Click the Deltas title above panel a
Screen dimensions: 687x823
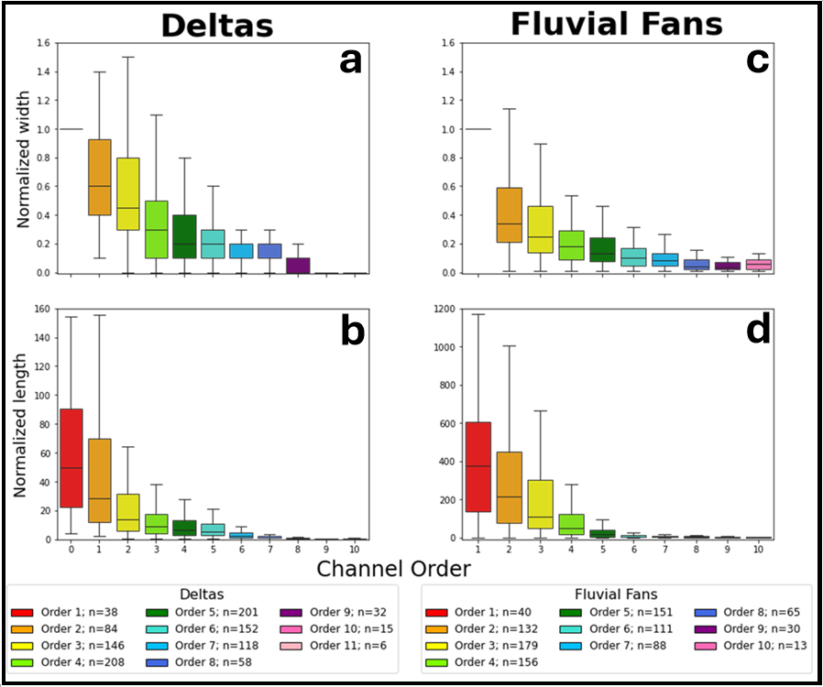[x=216, y=25]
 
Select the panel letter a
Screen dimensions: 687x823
[x=350, y=61]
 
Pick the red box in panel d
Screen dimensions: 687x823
[x=478, y=467]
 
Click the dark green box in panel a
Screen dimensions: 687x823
[x=185, y=236]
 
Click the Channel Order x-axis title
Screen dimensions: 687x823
[x=394, y=569]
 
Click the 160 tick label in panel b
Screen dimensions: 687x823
[x=40, y=310]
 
